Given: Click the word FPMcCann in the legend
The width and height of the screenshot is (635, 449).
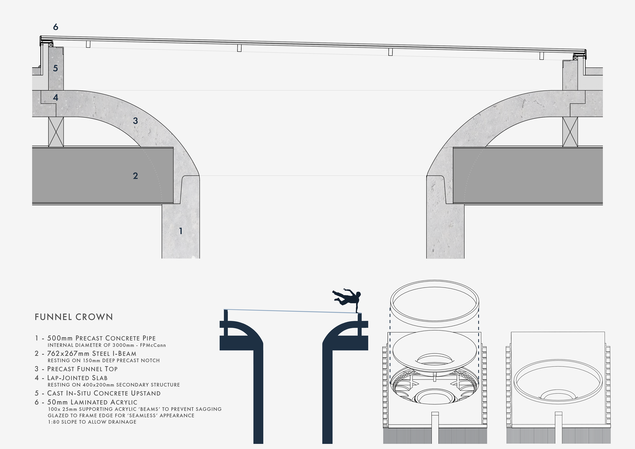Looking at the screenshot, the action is [x=153, y=345].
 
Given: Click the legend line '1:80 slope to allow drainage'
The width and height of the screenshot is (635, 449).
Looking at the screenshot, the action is [x=92, y=422].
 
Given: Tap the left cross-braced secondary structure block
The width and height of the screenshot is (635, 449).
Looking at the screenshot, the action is [x=56, y=132].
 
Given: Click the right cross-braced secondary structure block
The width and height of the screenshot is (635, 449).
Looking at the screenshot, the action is [x=570, y=132].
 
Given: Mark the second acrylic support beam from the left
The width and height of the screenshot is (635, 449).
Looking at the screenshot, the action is [x=239, y=48].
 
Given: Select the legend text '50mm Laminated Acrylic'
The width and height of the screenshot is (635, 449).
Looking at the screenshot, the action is [x=92, y=402].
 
